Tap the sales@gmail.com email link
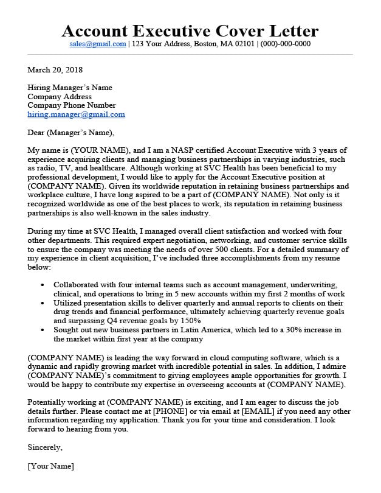click(98, 44)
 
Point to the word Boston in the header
click(204, 44)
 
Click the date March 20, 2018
click(55, 70)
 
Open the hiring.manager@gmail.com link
click(76, 114)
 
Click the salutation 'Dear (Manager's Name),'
click(70, 132)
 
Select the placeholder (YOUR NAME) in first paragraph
click(100, 150)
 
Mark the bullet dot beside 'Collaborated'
click(41, 285)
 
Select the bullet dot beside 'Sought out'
click(41, 329)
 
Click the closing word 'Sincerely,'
click(45, 447)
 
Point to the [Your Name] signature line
click(50, 466)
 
